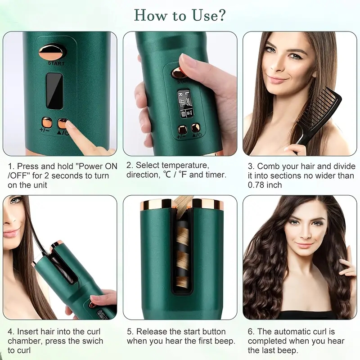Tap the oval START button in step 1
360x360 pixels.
tap(53, 52)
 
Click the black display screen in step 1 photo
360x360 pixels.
tap(54, 91)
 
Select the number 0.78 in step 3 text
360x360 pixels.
tap(256, 185)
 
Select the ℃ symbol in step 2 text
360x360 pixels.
tap(167, 175)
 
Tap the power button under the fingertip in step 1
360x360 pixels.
tap(63, 123)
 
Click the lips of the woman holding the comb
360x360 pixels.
tap(277, 80)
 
